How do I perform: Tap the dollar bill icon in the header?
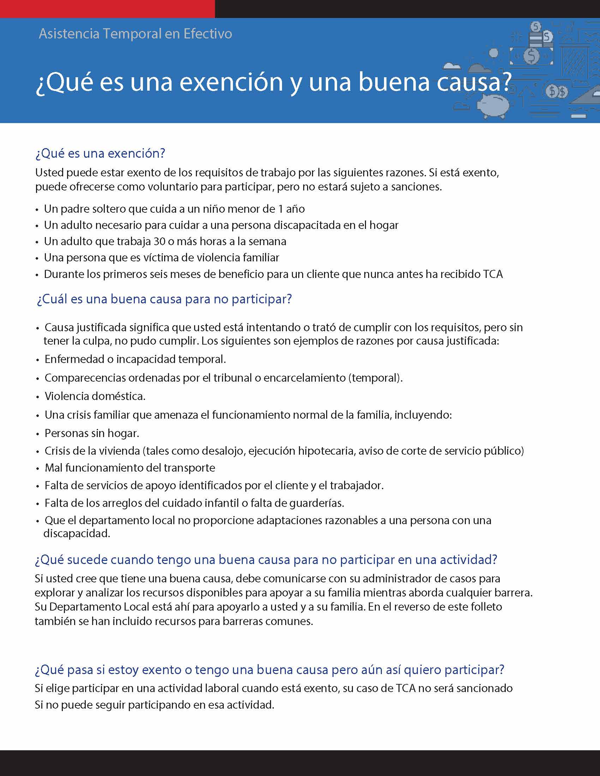(x=532, y=56)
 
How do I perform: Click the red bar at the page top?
(x=107, y=8)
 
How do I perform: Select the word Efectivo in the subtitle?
(x=208, y=34)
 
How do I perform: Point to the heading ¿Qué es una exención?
(x=100, y=153)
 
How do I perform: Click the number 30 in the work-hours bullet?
(x=159, y=241)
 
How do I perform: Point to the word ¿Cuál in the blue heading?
(x=52, y=299)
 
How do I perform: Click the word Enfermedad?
(x=74, y=359)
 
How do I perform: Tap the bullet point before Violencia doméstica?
(x=38, y=397)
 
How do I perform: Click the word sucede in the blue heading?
(x=88, y=560)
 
